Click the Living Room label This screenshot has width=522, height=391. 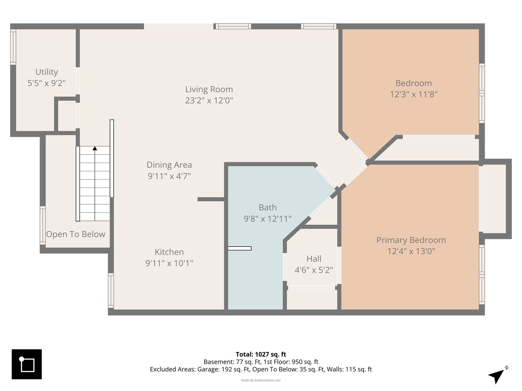(209, 89)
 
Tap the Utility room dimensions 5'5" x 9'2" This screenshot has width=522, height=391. (47, 83)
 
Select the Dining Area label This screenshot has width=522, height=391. (169, 165)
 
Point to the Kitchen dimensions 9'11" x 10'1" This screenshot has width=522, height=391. (169, 263)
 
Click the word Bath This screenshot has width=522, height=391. (268, 207)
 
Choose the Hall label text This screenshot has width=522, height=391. (314, 259)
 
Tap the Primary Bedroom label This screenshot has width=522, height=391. (411, 240)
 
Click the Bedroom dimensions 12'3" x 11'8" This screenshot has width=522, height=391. (414, 94)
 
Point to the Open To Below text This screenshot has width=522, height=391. (76, 234)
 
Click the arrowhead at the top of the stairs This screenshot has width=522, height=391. (95, 148)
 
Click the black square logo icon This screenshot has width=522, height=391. (26, 364)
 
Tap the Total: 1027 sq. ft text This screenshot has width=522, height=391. (261, 354)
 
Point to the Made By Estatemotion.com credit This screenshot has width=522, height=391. (261, 380)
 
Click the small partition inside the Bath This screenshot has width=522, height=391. (240, 248)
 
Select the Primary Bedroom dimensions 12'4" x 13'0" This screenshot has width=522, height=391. (411, 251)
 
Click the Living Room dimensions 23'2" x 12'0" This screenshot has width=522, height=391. (209, 100)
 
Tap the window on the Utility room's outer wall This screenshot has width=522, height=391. (13, 47)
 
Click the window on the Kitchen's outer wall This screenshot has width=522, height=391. (111, 290)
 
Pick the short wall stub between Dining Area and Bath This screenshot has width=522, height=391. (211, 199)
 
